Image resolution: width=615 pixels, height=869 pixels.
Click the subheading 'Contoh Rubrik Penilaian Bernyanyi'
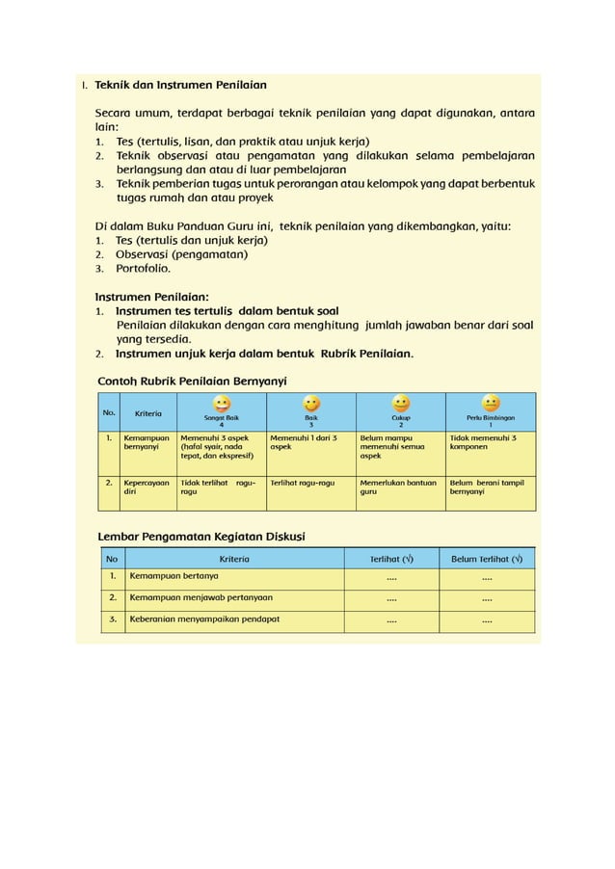click(x=193, y=381)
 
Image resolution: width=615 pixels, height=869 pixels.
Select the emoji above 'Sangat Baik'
click(x=222, y=403)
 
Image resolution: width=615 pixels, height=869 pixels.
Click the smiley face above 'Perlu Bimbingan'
click(x=491, y=403)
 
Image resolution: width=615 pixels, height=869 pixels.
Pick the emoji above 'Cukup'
click(x=401, y=403)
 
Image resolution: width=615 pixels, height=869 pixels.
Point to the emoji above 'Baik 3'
click(x=311, y=403)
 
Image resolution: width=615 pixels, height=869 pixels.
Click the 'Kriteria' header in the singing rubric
click(x=148, y=413)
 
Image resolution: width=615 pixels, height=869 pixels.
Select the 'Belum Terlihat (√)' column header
click(x=487, y=558)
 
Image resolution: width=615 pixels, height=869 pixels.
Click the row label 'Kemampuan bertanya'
click(x=174, y=576)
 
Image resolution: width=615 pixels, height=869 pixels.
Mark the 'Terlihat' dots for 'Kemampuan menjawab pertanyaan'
click(x=391, y=598)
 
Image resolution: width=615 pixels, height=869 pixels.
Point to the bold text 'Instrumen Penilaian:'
click(x=151, y=298)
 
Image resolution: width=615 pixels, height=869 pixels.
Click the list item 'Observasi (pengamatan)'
click(x=181, y=254)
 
